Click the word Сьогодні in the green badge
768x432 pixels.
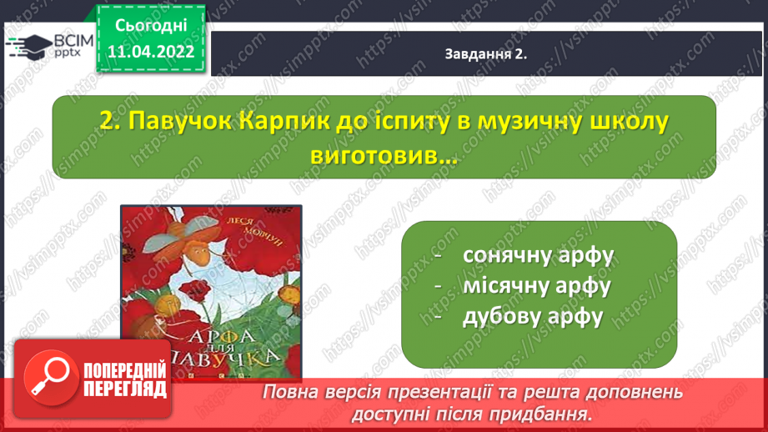[151, 26]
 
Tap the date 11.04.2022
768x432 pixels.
[151, 52]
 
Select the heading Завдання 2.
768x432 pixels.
[486, 54]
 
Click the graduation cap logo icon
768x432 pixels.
[29, 46]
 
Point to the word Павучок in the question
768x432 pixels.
[180, 122]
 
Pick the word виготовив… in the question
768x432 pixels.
[384, 157]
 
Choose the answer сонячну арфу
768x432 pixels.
[539, 256]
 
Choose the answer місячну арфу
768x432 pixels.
[537, 287]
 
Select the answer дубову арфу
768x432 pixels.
[533, 318]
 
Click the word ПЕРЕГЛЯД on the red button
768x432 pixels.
[125, 389]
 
